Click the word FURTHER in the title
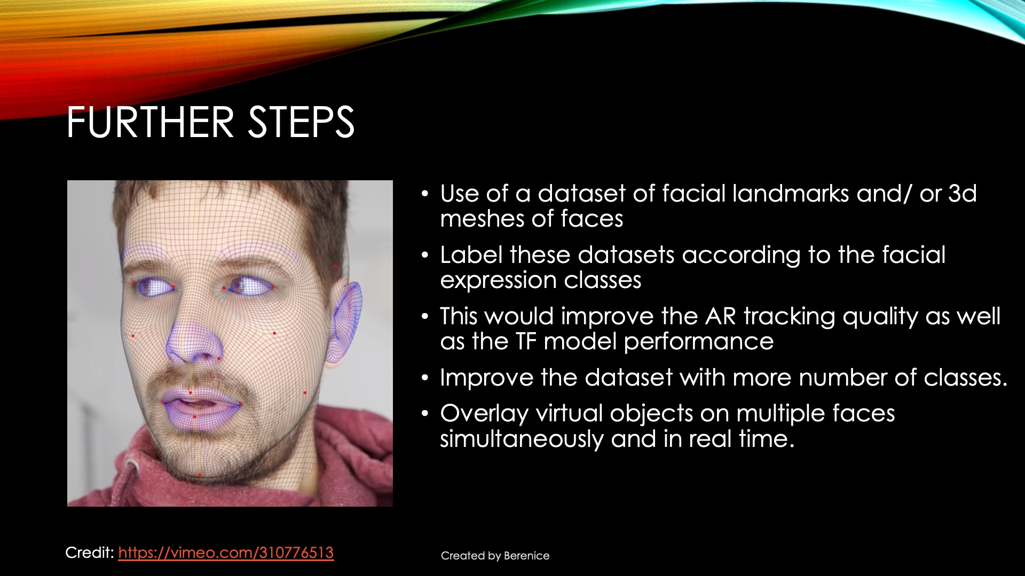(150, 122)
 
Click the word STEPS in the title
(301, 122)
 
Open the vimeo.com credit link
(226, 553)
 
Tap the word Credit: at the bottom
(90, 553)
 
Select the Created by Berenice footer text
(495, 556)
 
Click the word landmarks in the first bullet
(790, 193)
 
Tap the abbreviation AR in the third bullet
(720, 316)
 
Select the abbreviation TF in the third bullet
(525, 341)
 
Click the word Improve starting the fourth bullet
(486, 378)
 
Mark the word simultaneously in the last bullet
(522, 439)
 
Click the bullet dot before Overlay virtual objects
(425, 414)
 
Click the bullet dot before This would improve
(425, 317)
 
